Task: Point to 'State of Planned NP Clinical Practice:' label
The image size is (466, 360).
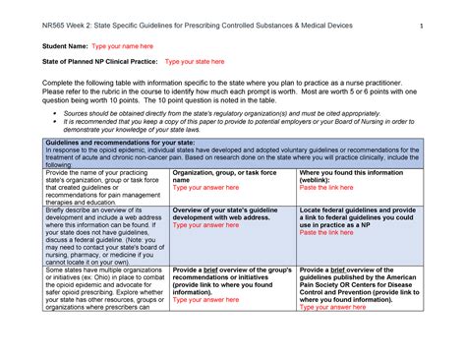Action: click(88, 61)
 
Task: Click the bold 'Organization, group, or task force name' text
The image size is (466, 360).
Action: click(221, 176)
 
